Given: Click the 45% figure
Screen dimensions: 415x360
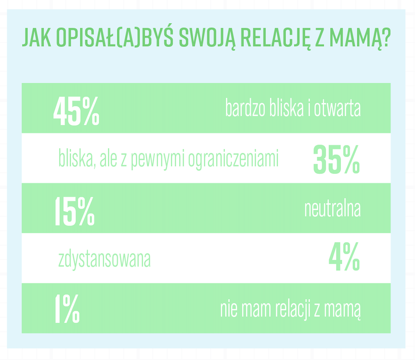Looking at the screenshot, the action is pyautogui.click(x=76, y=111).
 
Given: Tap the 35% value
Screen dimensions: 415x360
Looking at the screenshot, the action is pyautogui.click(x=336, y=159).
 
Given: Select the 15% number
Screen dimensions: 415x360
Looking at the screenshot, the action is pyautogui.click(x=75, y=211).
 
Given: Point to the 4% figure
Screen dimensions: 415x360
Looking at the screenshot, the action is pyautogui.click(x=344, y=257).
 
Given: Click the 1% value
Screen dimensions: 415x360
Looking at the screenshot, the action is pyautogui.click(x=67, y=308).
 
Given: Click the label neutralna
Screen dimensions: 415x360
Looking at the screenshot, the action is pyautogui.click(x=332, y=209).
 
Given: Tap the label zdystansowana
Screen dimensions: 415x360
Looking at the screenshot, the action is pyautogui.click(x=105, y=260).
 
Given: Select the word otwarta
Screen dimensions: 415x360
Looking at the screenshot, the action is pyautogui.click(x=337, y=109).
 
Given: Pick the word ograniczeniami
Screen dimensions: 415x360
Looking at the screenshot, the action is pyautogui.click(x=233, y=160).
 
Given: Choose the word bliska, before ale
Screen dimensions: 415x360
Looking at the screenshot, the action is pyautogui.click(x=77, y=159).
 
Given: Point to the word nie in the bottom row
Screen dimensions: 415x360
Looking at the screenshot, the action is pyautogui.click(x=229, y=309).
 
